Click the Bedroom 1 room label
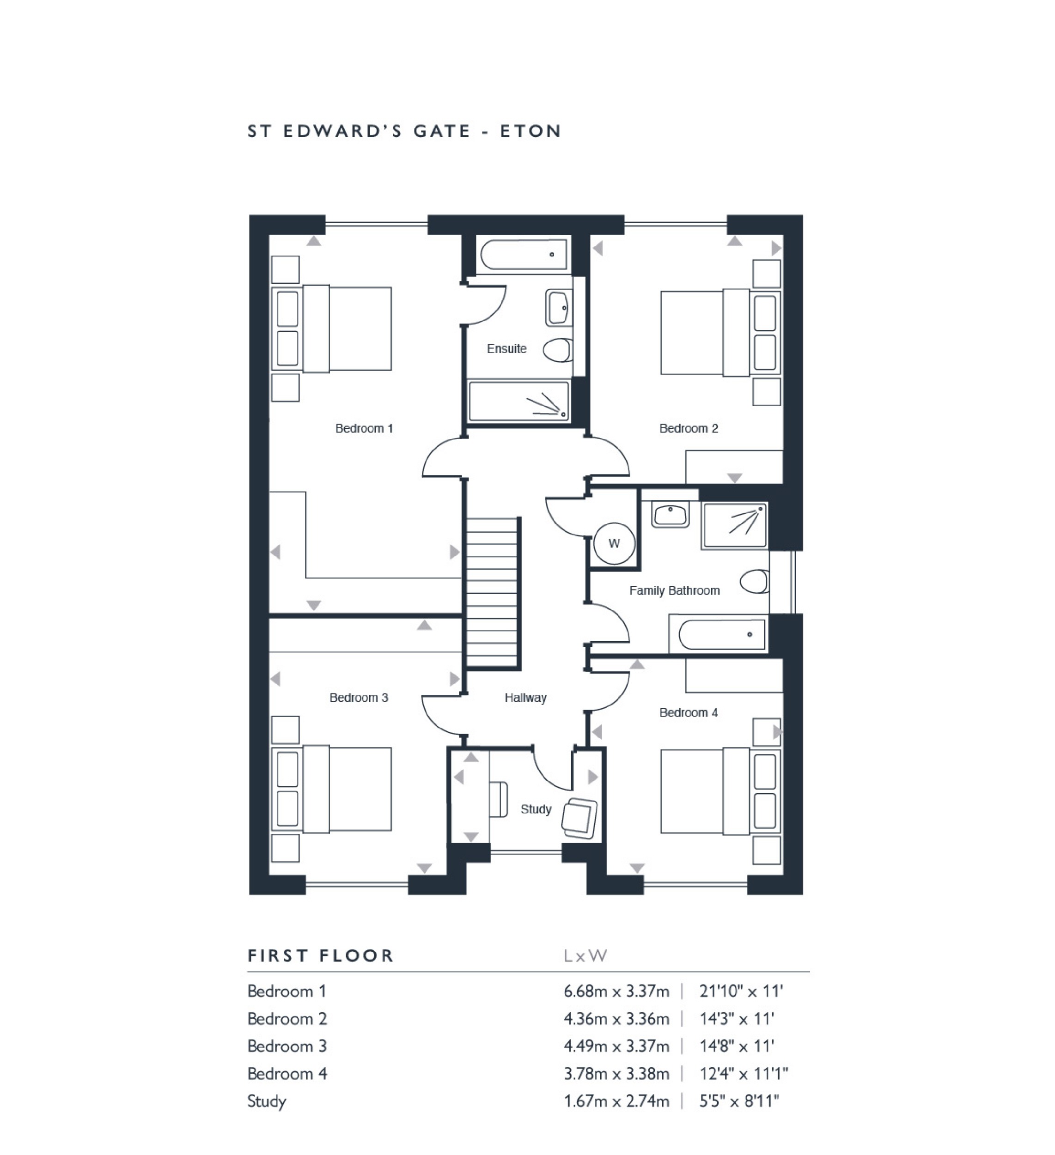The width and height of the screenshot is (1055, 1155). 364,429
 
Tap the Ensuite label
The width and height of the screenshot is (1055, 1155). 506,348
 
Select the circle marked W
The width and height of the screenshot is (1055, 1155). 614,543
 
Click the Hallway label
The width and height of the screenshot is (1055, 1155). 525,698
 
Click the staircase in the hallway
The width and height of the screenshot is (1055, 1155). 493,593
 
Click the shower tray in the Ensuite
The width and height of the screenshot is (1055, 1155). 518,401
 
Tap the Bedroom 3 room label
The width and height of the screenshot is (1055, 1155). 358,698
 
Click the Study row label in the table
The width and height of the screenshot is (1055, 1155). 267,1101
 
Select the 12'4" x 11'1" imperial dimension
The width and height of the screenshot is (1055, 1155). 743,1074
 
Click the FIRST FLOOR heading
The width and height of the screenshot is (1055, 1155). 320,955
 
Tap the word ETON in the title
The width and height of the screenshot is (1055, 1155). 530,131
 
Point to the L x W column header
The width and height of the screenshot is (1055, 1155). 585,955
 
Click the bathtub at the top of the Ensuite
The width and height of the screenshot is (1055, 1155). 523,255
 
